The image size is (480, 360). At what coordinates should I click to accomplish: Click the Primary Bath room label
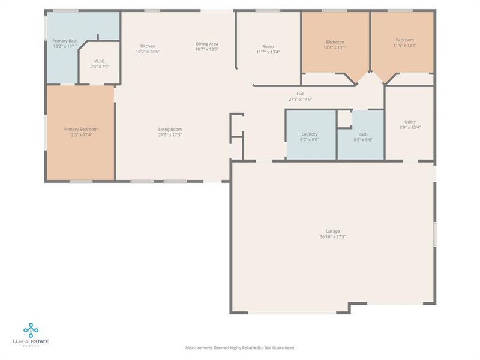[x=64, y=41]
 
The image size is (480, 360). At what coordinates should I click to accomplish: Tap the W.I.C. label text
[x=100, y=61]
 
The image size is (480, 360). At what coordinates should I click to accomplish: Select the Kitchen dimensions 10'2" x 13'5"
[x=148, y=52]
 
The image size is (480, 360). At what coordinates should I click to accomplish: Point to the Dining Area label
[x=206, y=44]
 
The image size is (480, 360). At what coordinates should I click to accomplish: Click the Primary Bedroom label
[x=80, y=129]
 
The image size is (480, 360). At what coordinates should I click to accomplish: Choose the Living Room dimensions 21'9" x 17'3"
[x=170, y=134]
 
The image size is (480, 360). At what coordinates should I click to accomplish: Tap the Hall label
[x=301, y=94]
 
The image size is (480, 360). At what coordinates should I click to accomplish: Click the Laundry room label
[x=310, y=134]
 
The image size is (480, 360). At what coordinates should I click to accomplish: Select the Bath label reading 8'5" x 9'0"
[x=362, y=139]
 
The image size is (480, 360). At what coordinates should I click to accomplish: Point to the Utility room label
[x=410, y=122]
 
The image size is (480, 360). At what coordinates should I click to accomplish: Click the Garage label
[x=333, y=231]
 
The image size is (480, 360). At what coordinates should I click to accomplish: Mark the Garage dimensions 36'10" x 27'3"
[x=333, y=237]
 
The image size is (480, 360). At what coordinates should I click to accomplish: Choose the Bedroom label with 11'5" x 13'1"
[x=404, y=40]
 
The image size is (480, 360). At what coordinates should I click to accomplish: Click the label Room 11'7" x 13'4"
[x=268, y=46]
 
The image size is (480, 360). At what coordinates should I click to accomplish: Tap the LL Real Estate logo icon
[x=31, y=329]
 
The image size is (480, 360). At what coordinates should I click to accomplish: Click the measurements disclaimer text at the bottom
[x=240, y=347]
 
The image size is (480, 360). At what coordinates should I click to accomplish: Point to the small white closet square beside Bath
[x=344, y=119]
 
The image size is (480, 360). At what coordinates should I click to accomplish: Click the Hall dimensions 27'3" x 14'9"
[x=301, y=100]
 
